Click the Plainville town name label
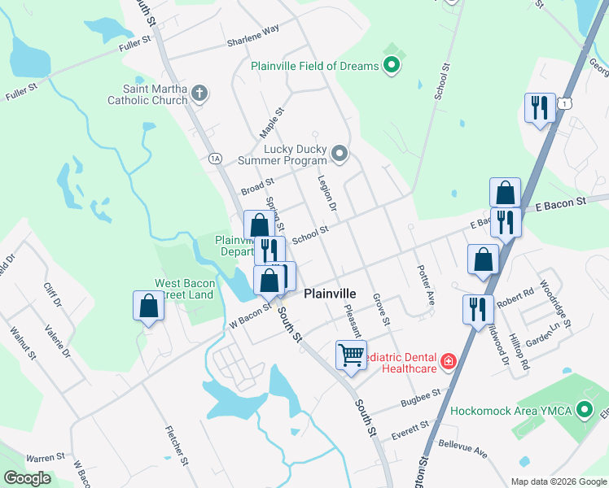[330, 294]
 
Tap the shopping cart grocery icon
[351, 355]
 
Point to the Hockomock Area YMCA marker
[584, 411]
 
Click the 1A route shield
[214, 158]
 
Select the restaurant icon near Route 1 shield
[539, 108]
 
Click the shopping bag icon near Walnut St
[149, 307]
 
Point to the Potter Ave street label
[425, 284]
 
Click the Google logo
[28, 478]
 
